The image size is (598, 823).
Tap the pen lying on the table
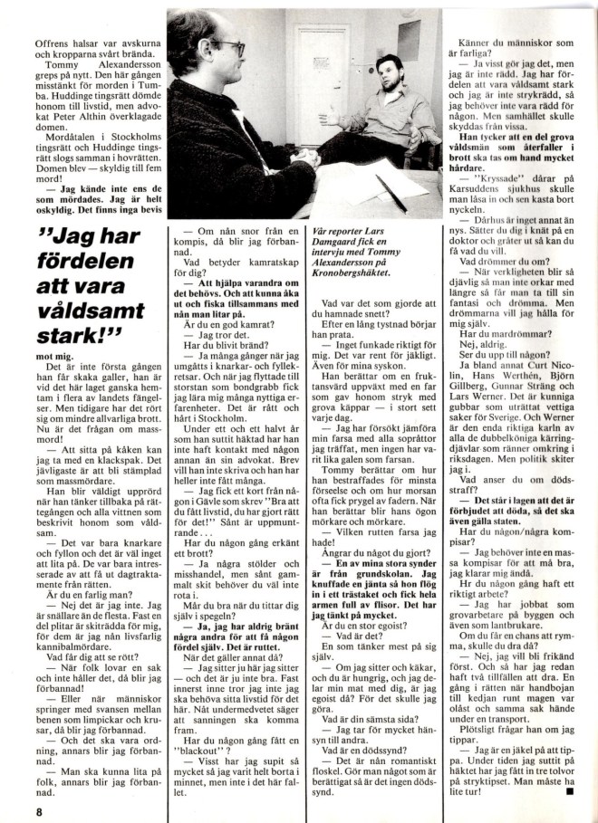tap(391, 193)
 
